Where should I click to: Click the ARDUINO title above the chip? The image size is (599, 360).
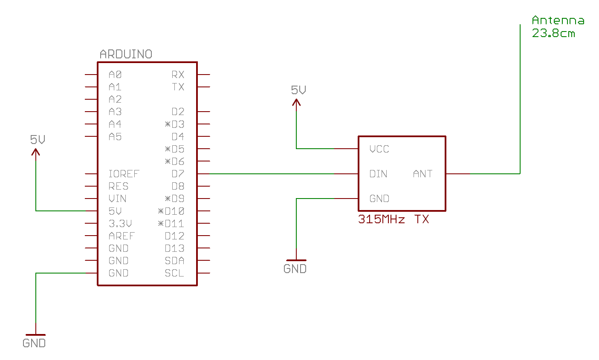click(x=126, y=54)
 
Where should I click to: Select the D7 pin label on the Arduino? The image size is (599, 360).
click(x=178, y=174)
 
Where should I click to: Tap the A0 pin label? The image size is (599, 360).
click(x=115, y=75)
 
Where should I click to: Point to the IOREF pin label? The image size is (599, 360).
click(x=124, y=174)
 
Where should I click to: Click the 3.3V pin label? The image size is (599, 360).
click(x=120, y=224)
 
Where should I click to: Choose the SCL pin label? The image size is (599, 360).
click(x=174, y=273)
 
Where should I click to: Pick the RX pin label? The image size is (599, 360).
click(x=178, y=75)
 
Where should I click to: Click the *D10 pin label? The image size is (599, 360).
click(x=171, y=211)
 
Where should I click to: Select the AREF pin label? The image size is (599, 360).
click(x=122, y=236)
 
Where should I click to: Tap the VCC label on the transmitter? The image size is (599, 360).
click(x=379, y=149)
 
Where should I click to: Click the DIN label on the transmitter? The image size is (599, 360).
click(x=378, y=174)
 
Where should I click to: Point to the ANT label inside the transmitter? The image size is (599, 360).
click(x=422, y=174)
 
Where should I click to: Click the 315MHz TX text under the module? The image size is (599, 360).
click(x=394, y=219)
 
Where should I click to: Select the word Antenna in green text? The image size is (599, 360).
click(x=558, y=20)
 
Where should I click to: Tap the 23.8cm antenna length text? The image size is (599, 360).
click(x=553, y=33)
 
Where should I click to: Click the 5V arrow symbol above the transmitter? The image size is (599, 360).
click(x=296, y=102)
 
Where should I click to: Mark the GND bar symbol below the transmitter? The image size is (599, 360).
click(x=296, y=260)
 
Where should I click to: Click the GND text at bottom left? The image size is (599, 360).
click(x=34, y=343)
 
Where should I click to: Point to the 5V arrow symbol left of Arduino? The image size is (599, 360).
click(x=36, y=151)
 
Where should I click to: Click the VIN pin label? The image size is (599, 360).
click(x=117, y=199)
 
